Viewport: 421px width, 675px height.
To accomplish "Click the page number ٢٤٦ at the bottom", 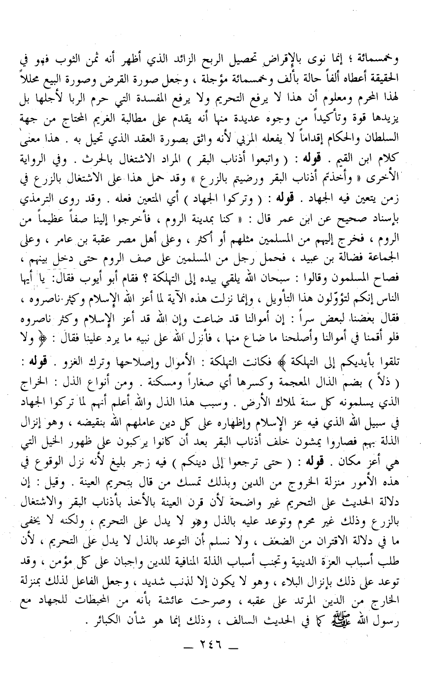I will (211, 658).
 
